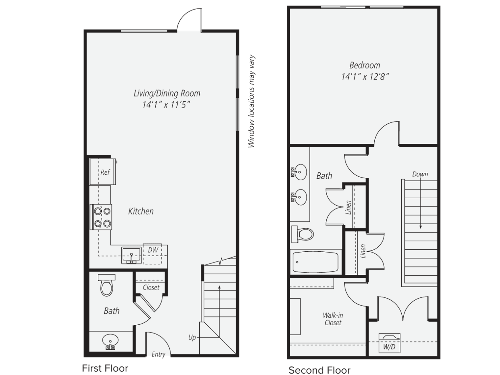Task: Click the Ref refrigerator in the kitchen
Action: (103, 172)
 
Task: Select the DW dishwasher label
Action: (153, 250)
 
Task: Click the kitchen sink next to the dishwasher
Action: (132, 255)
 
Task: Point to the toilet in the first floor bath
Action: (107, 286)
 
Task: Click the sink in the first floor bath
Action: (110, 341)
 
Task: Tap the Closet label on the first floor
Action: (151, 287)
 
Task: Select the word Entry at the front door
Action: (158, 354)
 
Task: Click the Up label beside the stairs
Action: (192, 337)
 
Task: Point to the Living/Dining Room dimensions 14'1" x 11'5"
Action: (166, 105)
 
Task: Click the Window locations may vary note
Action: (252, 101)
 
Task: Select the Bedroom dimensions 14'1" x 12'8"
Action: (365, 77)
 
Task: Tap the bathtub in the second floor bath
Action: (315, 262)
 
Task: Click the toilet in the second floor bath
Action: (303, 234)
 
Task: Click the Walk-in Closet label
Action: (333, 319)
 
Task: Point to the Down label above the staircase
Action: (420, 174)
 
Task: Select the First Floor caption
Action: (105, 368)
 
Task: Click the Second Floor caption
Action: (319, 370)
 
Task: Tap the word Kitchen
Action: (141, 211)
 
